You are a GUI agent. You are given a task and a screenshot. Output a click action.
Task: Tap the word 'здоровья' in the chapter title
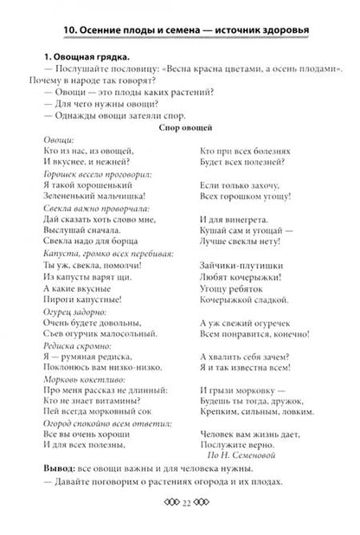click(x=282, y=33)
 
